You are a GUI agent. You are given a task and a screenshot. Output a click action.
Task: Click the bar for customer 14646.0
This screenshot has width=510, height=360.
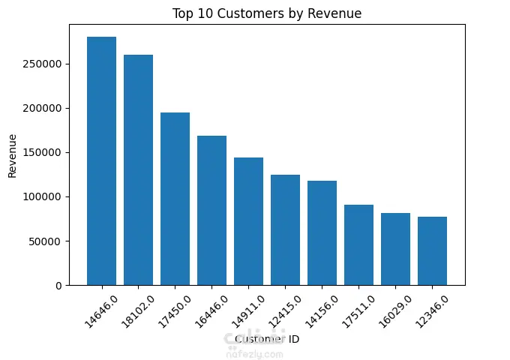click(101, 160)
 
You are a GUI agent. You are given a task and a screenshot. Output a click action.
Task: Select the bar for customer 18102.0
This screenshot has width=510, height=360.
click(138, 169)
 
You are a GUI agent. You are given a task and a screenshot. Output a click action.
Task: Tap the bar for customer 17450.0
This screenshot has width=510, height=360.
click(175, 199)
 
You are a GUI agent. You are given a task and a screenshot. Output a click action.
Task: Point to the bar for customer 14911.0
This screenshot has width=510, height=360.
click(248, 221)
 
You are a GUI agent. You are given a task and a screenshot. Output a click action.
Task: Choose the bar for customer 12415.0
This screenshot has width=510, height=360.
click(285, 229)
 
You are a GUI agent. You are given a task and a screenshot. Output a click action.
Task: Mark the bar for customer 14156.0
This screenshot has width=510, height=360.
click(322, 232)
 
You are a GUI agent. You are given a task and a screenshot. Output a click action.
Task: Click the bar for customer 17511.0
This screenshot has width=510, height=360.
click(358, 244)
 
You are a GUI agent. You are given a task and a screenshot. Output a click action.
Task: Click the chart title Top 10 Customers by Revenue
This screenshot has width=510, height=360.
click(266, 13)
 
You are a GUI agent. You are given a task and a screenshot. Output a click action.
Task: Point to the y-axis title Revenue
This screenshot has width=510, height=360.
click(12, 156)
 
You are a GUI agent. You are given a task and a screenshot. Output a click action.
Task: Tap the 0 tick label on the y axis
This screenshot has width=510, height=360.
click(58, 286)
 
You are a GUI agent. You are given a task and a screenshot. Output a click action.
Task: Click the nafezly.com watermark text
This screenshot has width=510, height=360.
click(254, 354)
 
